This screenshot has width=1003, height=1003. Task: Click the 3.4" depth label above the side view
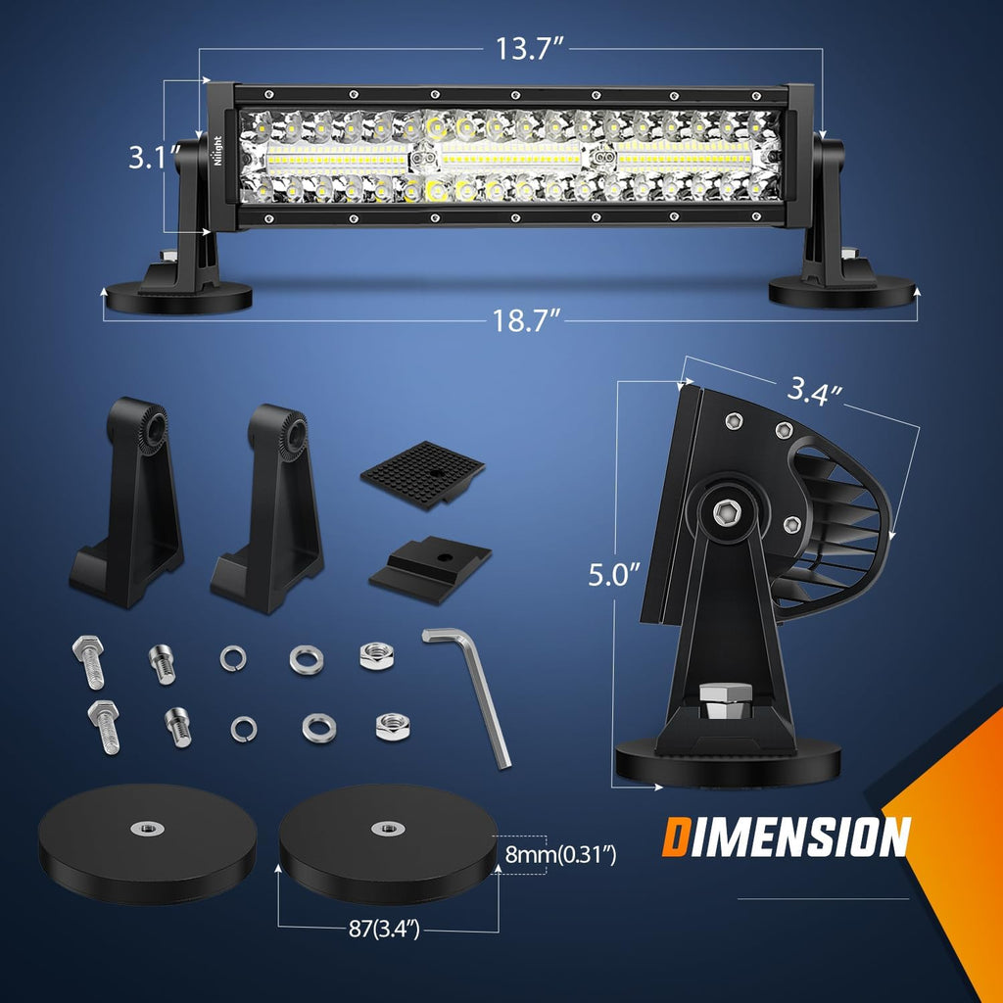[817, 393]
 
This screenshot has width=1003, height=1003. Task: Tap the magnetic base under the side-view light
[727, 763]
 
